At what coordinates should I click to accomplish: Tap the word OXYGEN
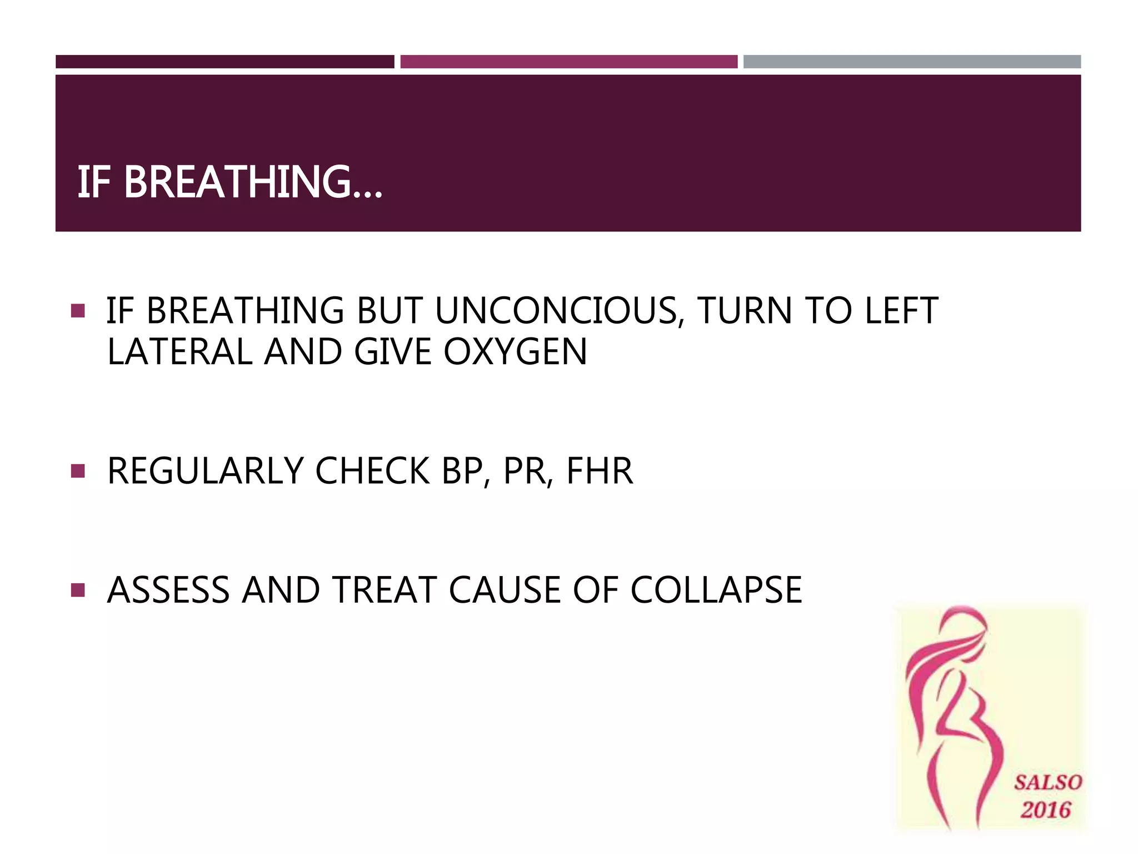515,352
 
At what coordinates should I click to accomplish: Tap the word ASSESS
168,590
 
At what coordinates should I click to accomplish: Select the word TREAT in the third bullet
383,590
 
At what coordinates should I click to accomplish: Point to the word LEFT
901,311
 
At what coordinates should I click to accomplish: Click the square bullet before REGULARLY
78,471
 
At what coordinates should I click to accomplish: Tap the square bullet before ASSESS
78,590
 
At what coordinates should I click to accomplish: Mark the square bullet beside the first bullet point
78,311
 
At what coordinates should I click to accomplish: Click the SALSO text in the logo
1047,783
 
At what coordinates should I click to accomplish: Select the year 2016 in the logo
1045,810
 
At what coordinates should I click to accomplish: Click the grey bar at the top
912,62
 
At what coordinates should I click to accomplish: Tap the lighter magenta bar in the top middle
568,62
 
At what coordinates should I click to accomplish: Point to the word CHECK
372,471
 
